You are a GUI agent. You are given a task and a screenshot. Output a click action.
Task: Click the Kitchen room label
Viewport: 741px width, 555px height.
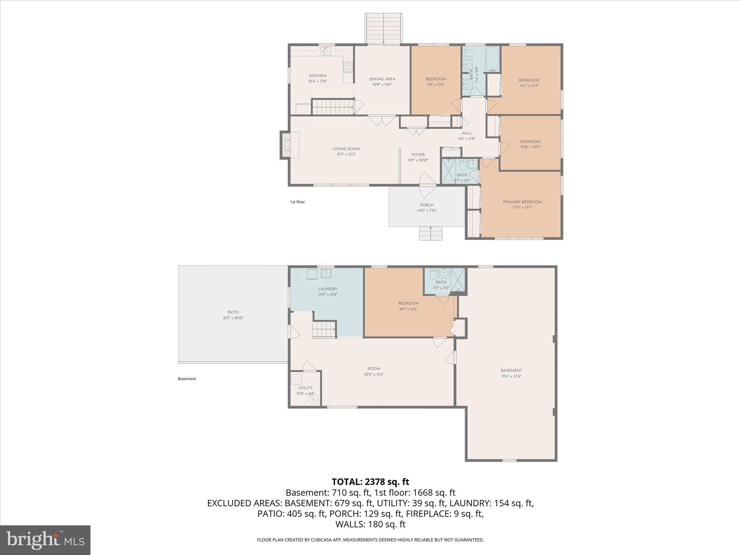point(318,76)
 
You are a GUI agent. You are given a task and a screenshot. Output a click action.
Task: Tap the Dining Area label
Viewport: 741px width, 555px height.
point(382,79)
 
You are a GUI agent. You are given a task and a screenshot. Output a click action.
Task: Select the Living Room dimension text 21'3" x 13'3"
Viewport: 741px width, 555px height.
point(346,154)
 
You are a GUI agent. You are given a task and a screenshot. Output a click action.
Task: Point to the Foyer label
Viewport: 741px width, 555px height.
point(418,155)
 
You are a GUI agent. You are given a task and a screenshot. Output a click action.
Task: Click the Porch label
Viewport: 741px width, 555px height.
point(427,205)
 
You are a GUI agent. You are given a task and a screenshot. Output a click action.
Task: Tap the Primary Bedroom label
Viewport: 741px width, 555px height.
point(522,202)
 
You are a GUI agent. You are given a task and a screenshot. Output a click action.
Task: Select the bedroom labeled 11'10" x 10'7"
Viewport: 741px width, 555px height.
point(530,144)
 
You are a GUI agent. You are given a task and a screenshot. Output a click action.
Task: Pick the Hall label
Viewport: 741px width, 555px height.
point(466,133)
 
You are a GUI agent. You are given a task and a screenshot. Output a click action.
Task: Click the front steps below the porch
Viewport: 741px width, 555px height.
point(431,233)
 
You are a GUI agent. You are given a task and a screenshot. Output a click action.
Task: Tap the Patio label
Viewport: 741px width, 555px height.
point(233,312)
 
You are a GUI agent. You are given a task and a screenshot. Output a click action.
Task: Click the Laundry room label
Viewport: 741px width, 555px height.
point(328,289)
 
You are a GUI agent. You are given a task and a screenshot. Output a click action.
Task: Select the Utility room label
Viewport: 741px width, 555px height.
point(305,388)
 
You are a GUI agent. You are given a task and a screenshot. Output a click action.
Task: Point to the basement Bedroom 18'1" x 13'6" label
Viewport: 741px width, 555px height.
point(408,304)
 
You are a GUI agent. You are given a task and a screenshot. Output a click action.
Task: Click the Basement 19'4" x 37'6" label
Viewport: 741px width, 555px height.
point(511,370)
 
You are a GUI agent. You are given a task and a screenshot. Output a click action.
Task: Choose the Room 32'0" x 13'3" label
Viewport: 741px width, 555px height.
point(373,369)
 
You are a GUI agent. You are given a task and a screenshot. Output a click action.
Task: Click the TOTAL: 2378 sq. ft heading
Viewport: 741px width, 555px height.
point(370,482)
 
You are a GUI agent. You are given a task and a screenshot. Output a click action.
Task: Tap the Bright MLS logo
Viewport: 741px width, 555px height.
point(45,540)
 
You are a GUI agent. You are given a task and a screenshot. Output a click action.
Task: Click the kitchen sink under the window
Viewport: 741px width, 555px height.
point(326,51)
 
